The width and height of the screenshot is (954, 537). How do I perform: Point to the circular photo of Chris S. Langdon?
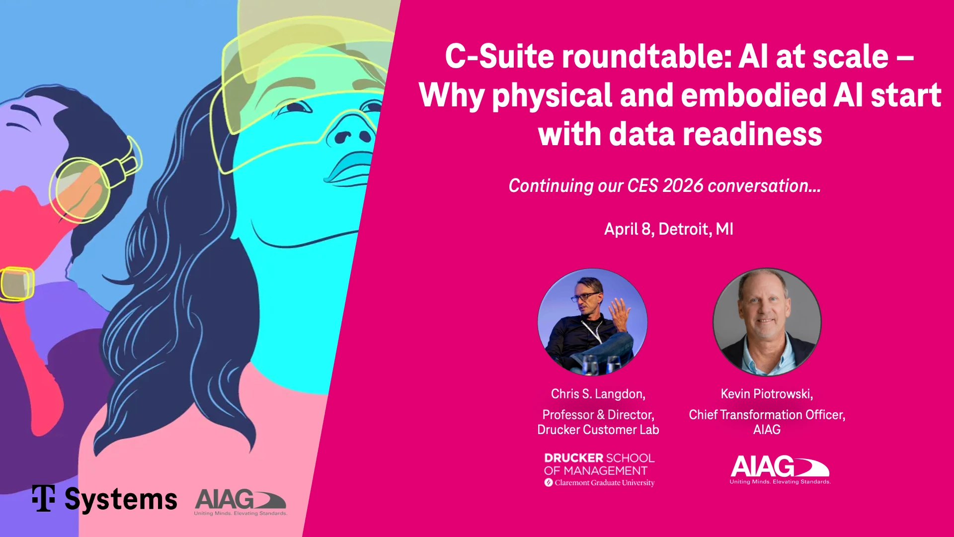point(592,322)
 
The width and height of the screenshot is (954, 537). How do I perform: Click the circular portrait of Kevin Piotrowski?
point(767,322)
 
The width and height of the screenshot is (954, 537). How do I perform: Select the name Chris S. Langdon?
point(598,394)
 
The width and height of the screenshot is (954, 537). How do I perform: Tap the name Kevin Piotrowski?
point(767,394)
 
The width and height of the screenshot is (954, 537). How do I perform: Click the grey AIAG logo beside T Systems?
point(240,502)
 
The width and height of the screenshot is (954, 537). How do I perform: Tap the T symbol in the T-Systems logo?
point(44,498)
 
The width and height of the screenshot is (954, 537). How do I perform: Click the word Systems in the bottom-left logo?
point(121,500)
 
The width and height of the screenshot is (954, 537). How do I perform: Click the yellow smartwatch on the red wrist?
point(17,284)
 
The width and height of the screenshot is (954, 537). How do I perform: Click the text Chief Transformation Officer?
point(767,415)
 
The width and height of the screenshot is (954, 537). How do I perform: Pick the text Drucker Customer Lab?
point(598,430)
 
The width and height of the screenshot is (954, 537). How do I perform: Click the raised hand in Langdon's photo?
point(619,313)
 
